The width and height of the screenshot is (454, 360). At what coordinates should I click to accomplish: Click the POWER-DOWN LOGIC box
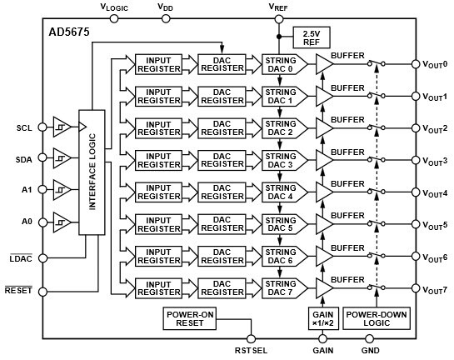coord(377,319)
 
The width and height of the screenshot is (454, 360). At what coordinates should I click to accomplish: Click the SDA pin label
coord(24,158)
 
